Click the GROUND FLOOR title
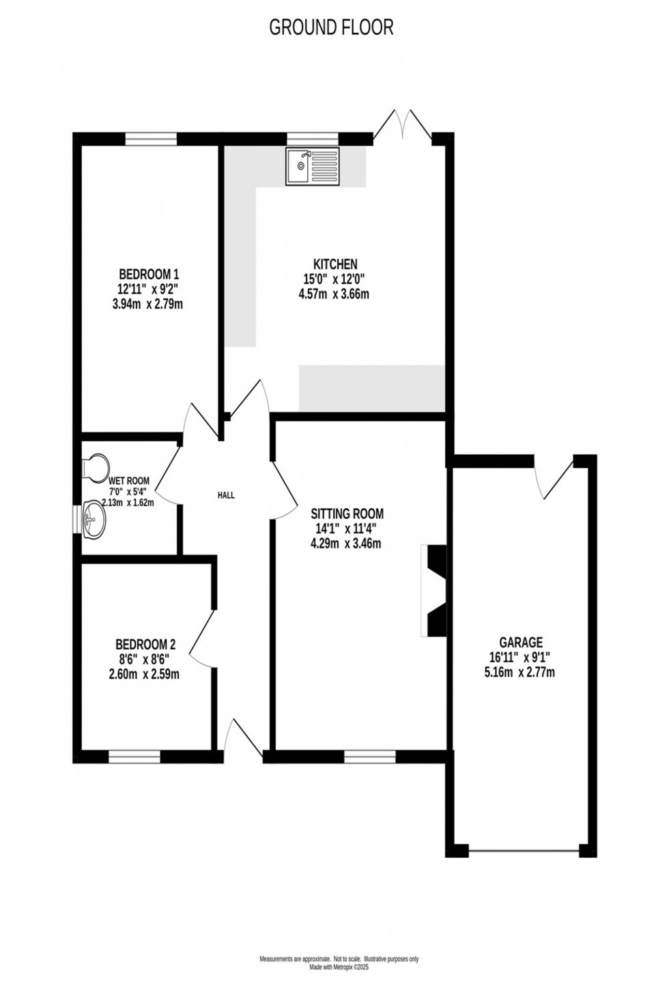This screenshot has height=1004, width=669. pos(331,27)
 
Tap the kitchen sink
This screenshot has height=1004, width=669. pos(313,166)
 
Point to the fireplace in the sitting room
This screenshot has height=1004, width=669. pos(435,591)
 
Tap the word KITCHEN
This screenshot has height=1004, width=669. pos(335,264)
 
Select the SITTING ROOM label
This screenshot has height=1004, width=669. pos(347,514)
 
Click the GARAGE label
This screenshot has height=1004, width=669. pos(521,642)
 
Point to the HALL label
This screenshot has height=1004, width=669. pos(226,495)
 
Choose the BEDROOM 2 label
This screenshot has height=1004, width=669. pos(145,644)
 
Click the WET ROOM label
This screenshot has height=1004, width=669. pos(128,481)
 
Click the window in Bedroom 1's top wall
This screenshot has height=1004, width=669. pos(151,139)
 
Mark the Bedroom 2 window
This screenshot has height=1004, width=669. pos(134,757)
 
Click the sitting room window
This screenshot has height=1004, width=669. pos(369,757)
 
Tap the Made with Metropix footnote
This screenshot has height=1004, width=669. pos(339,966)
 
